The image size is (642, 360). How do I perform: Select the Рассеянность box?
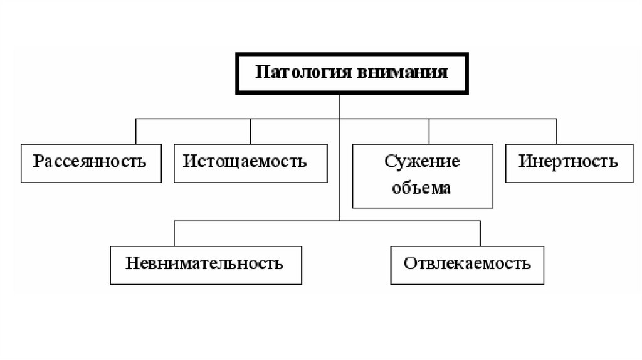pos(90,162)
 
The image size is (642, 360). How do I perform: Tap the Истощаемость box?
pos(250,162)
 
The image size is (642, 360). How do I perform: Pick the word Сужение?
pos(422,162)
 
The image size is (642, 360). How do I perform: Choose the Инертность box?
pos(568,162)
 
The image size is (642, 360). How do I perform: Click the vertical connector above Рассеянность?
pos(136,131)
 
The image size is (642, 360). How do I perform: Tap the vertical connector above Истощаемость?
pos(251,131)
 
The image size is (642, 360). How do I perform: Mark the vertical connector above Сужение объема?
pos(429,131)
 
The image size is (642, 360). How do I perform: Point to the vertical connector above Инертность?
pos(556,131)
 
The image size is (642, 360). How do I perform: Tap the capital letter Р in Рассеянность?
pos(38,162)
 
